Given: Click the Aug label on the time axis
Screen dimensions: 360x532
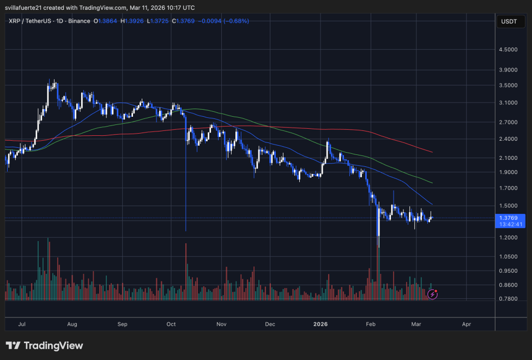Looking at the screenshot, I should (x=72, y=324).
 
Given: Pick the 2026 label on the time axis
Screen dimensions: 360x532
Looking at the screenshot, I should (x=321, y=324).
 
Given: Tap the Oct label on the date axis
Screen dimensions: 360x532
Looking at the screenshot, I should (x=171, y=324).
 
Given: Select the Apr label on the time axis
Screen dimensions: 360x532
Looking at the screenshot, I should (x=467, y=324).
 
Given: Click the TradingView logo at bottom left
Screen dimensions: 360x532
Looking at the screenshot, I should (x=45, y=346).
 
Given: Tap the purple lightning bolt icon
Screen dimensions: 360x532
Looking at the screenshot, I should (x=433, y=294).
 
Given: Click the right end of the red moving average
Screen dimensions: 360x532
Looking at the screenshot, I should (x=432, y=152).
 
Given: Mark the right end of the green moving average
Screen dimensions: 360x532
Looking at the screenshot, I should (x=432, y=183).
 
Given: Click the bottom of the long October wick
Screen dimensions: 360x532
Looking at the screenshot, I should (x=186, y=230).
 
